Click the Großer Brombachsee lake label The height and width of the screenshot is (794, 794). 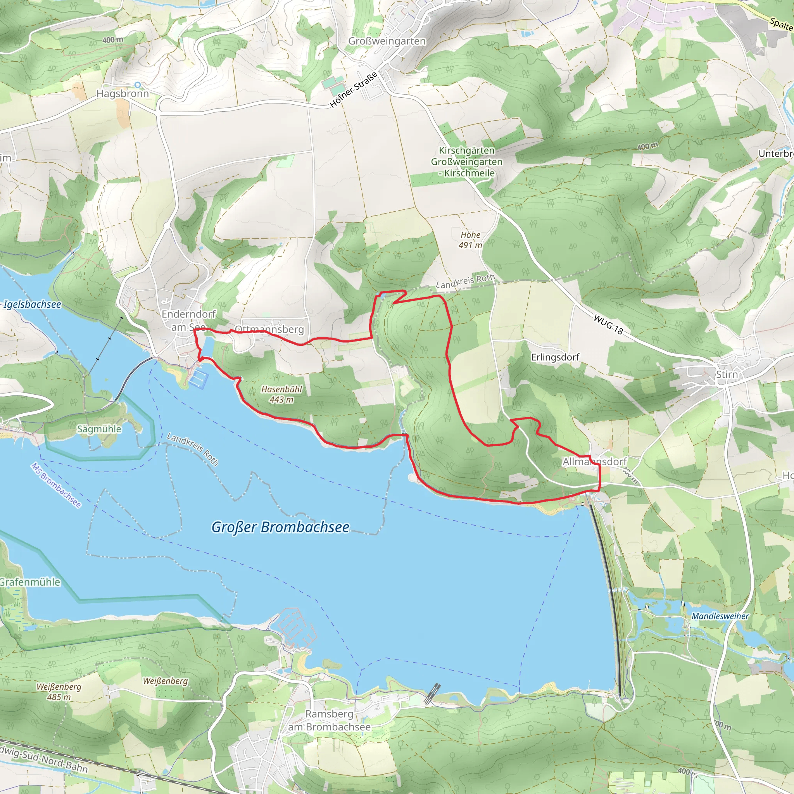point(280,527)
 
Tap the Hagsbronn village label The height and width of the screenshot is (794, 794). point(123,94)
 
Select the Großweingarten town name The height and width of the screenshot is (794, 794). point(387,41)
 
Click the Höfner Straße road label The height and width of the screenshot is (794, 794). point(354,90)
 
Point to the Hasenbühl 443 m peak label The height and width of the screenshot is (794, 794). point(281,394)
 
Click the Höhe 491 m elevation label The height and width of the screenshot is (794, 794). point(470,240)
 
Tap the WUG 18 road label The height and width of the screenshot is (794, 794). point(608,325)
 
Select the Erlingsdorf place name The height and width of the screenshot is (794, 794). point(555,357)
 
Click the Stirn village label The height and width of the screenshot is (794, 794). point(727,375)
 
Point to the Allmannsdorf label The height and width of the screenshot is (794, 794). point(594,461)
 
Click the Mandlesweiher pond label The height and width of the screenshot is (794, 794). point(720,616)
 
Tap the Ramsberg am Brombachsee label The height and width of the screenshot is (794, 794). point(329,720)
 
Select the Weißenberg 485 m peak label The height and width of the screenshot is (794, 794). point(59,692)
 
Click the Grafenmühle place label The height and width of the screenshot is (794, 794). point(29,582)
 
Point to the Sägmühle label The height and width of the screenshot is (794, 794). point(99,429)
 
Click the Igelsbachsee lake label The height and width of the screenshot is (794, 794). point(32,304)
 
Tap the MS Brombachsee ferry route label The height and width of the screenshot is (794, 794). point(56,485)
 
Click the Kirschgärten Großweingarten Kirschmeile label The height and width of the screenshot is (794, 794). point(466,162)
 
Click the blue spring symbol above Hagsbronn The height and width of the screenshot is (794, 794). point(138,85)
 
